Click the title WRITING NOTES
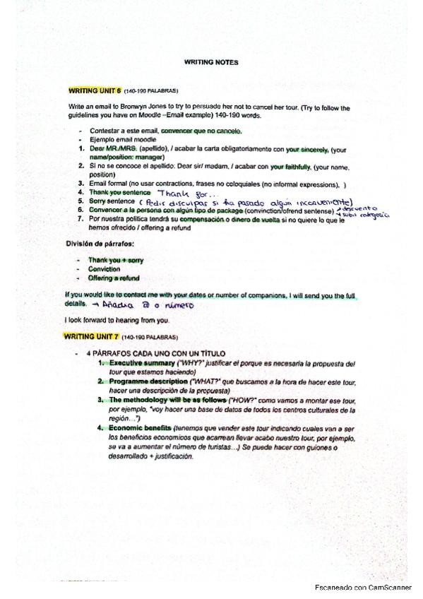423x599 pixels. (x=211, y=62)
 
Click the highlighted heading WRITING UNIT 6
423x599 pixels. (x=95, y=91)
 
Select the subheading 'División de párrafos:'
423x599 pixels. (x=100, y=244)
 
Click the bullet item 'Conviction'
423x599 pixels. (x=104, y=269)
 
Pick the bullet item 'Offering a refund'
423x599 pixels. (x=114, y=278)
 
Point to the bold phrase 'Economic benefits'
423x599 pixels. (x=139, y=428)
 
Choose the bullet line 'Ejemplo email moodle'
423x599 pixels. (x=123, y=140)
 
